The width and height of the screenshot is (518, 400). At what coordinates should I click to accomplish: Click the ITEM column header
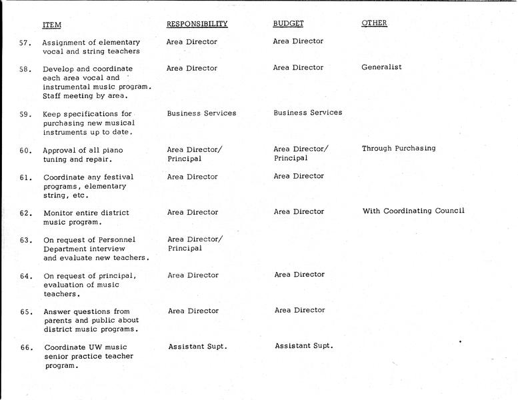51,25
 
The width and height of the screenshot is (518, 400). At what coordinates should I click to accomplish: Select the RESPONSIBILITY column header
197,24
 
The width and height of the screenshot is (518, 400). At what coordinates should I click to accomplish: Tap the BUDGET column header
288,23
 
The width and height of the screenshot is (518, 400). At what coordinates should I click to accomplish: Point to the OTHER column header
374,23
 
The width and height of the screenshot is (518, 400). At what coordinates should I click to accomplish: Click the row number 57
25,42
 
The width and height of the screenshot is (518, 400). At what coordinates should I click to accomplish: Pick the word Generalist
381,67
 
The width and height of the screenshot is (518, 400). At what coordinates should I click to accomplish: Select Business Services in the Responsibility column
201,113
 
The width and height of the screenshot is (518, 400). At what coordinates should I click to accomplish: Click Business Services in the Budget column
307,113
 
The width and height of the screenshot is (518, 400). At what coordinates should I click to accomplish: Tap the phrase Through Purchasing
399,149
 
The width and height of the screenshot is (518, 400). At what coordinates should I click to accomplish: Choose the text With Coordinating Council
413,211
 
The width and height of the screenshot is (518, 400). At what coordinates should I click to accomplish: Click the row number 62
26,213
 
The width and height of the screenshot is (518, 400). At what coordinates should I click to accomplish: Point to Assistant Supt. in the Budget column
303,345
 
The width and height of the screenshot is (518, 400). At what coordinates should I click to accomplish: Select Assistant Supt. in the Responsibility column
197,347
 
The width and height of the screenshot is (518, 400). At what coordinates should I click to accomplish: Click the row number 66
27,347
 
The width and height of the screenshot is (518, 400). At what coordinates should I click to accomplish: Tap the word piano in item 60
112,151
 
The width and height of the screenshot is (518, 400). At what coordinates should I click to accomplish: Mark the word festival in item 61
118,177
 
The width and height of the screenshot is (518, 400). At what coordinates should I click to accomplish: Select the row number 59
26,115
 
